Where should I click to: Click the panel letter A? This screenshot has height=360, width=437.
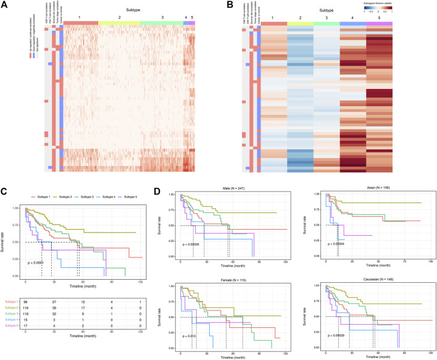(x=4, y=4)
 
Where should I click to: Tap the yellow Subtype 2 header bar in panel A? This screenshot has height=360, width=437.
(x=119, y=22)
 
